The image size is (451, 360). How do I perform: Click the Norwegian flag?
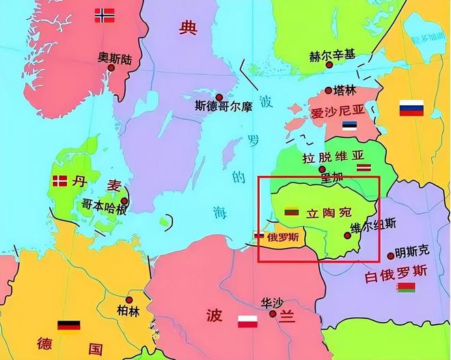coord(105,15)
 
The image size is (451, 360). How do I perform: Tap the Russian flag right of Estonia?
coord(411,108)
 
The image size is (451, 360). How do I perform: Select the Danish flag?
coord(60,181)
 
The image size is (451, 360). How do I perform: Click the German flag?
coord(69,326)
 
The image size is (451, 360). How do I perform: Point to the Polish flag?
coord(247,321)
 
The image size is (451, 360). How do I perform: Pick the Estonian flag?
coord(350,126)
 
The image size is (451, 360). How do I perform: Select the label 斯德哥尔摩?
coord(223,106)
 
